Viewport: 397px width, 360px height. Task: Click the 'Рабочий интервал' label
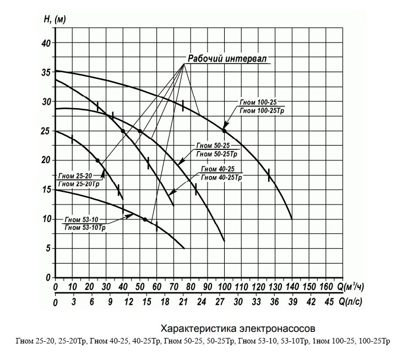(227, 59)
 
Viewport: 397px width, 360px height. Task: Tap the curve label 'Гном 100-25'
(262, 103)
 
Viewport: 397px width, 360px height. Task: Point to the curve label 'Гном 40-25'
(220, 169)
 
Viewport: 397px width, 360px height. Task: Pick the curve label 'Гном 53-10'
(81, 219)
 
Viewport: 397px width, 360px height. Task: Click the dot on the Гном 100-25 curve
(224, 131)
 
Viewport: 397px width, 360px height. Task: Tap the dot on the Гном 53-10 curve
(145, 219)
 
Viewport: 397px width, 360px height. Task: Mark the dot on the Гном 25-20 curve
(97, 160)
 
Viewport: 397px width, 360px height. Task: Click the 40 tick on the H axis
(47, 43)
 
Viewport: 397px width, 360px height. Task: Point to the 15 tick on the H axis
(47, 190)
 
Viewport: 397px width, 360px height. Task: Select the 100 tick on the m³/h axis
(224, 287)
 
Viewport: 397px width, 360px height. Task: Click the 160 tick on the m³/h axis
(326, 287)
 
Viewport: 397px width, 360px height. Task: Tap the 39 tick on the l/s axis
(292, 302)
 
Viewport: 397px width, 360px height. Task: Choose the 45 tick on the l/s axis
(330, 302)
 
